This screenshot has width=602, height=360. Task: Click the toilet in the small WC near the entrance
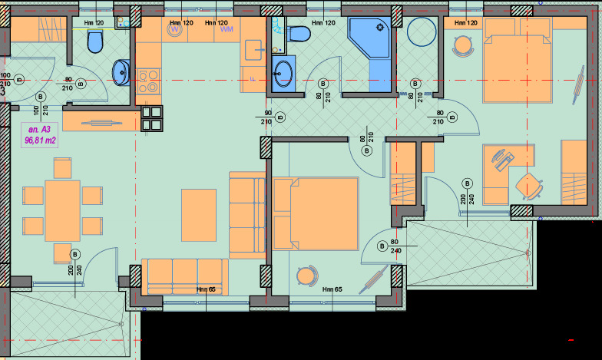pyautogui.click(x=95, y=42)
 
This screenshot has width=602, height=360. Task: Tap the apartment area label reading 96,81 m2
pyautogui.click(x=39, y=140)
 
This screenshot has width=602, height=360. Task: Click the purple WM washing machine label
pyautogui.click(x=227, y=30)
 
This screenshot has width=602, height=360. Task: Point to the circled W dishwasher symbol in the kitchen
pyautogui.click(x=174, y=31)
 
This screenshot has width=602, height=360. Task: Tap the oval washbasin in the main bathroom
pyautogui.click(x=283, y=72)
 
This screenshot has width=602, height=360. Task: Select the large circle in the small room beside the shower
pyautogui.click(x=422, y=34)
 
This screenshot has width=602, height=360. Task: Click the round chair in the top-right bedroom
pyautogui.click(x=462, y=46)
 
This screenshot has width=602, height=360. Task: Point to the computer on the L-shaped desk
pyautogui.click(x=503, y=160)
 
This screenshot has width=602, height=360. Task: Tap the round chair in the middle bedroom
pyautogui.click(x=306, y=274)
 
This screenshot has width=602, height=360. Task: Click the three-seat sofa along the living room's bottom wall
pyautogui.click(x=185, y=276)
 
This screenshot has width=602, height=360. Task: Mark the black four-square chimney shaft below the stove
pyautogui.click(x=152, y=119)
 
